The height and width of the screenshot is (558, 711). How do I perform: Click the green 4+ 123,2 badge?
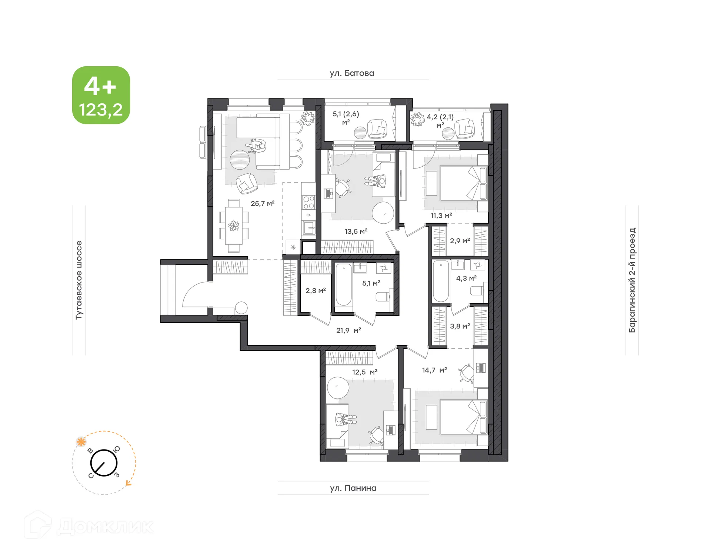coord(101,95)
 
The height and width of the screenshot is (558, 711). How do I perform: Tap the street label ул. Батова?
coord(352,73)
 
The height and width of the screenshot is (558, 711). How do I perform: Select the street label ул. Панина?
coord(353,488)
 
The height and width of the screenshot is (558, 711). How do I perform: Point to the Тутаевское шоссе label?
coord(79,280)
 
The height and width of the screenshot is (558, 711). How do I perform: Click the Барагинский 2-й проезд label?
coord(632,280)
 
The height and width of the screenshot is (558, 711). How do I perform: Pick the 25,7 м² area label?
coord(262,203)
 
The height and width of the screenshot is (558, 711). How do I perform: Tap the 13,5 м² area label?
coord(356,231)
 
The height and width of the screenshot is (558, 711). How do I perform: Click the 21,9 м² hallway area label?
coord(348,330)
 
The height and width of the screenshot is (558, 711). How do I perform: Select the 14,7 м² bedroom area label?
coord(434,370)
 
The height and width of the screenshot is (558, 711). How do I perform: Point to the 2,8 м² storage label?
coord(316,291)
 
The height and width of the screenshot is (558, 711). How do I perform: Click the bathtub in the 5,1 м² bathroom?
coord(343,285)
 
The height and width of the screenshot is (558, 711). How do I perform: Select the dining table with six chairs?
coord(234,225)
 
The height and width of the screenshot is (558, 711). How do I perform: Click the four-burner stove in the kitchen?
coord(308,203)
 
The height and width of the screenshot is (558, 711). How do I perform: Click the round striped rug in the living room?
coord(240,160)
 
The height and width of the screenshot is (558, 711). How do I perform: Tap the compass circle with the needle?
coord(104,463)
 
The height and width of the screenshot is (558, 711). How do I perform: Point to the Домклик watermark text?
coord(106,527)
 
